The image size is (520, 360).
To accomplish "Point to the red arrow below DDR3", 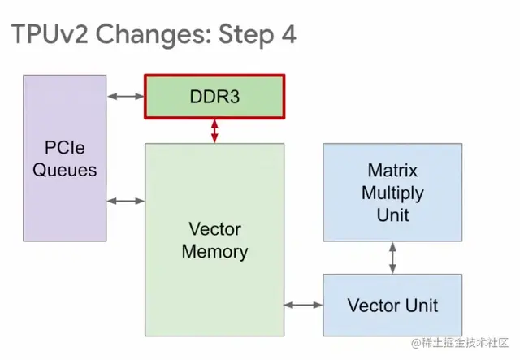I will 214,132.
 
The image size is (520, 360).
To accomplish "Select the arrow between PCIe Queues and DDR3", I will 126,97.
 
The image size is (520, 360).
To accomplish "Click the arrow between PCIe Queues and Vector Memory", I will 126,201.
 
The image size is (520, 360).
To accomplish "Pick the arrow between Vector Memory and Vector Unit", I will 304,305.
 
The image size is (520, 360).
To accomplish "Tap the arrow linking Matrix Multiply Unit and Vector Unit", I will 393,258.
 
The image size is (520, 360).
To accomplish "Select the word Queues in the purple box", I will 66,170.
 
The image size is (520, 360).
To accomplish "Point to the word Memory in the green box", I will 214,251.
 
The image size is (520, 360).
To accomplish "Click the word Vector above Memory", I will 214,229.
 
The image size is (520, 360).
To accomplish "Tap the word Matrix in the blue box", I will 393,171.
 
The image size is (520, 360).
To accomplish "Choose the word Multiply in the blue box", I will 393,193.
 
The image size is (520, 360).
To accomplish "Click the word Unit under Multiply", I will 393,215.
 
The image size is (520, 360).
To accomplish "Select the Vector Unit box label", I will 393,306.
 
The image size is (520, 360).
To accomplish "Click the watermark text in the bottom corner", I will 459,345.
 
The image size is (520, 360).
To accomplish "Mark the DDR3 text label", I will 214,97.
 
